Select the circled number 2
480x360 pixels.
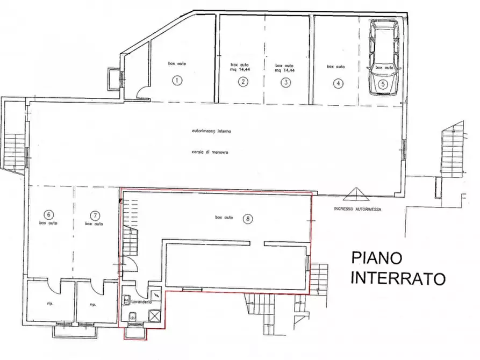pos(243,82)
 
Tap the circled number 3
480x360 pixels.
pos(286,82)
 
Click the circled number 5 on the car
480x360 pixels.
pos(383,84)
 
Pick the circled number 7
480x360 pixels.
pos(95,215)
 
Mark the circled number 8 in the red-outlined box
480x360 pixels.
pos(247,218)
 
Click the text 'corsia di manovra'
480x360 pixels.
pos(210,152)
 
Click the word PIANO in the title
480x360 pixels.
pos(376,258)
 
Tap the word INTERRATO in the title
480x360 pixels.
pos(398,279)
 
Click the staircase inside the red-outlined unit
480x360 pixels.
pos(131,231)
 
